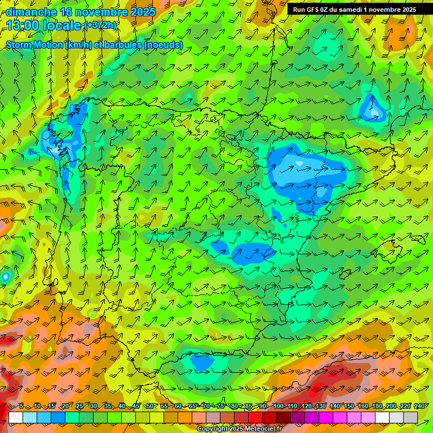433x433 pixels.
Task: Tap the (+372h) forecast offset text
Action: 101,25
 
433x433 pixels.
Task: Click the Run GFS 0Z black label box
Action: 354,10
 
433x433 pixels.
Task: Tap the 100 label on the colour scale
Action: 279,406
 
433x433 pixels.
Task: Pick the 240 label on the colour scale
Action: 419,406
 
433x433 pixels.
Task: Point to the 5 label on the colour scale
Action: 21,406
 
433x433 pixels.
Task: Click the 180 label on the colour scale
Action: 377,406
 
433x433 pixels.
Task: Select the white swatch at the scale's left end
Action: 15,417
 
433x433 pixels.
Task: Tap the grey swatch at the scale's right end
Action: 410,417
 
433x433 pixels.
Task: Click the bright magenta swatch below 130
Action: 326,417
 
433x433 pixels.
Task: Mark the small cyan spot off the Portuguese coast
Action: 6,276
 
